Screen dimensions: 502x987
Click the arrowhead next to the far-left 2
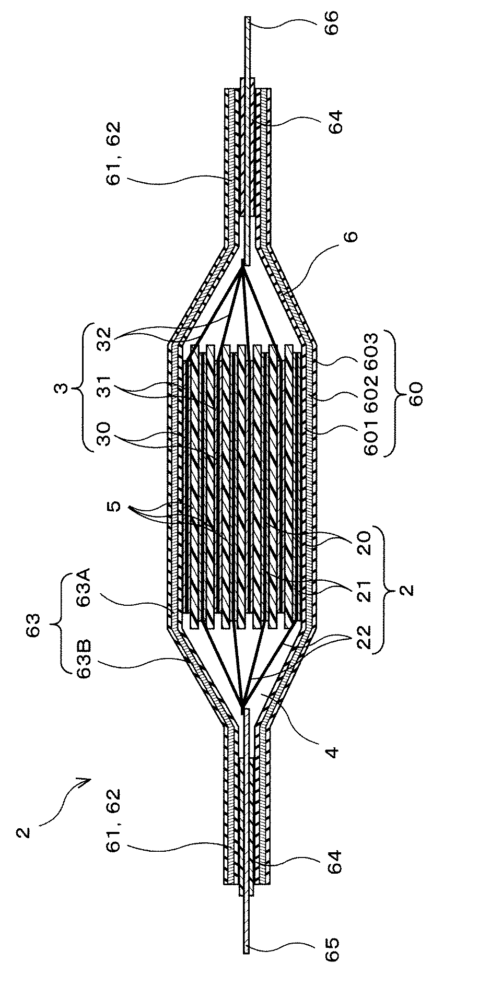tap(85, 780)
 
